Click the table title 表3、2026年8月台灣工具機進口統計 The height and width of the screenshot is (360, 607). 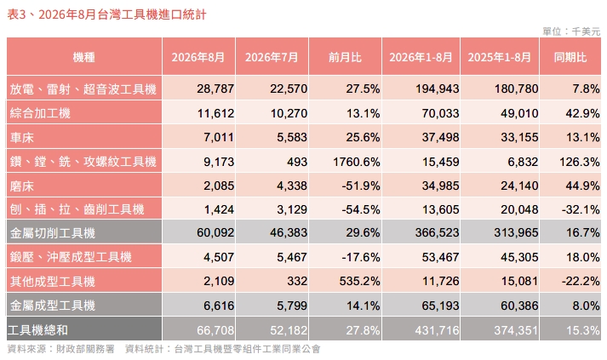point(107,14)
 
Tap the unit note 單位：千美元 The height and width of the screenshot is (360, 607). point(571,31)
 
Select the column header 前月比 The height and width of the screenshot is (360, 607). point(345,57)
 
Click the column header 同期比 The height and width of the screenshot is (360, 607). point(570,57)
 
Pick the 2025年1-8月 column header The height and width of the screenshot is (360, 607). point(500,57)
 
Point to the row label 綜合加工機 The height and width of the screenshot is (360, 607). point(40,113)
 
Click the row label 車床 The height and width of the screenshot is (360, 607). point(22,137)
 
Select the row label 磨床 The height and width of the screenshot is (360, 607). point(22,186)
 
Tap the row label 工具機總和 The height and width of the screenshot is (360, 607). point(38,330)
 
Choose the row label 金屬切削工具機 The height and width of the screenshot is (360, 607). point(53,233)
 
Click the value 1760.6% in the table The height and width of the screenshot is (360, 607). point(357,162)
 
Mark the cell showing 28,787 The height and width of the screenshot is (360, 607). point(215,89)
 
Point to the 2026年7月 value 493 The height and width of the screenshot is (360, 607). point(297,162)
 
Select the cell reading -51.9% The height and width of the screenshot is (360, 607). point(361,186)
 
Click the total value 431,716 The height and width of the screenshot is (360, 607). point(437,330)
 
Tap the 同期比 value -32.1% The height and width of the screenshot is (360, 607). point(581,209)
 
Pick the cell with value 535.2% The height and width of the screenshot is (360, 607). point(359,281)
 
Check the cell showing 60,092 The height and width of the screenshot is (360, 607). point(215,232)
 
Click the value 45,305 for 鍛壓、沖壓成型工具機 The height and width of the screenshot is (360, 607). point(519,257)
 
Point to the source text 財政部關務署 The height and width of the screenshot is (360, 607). point(85,349)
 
